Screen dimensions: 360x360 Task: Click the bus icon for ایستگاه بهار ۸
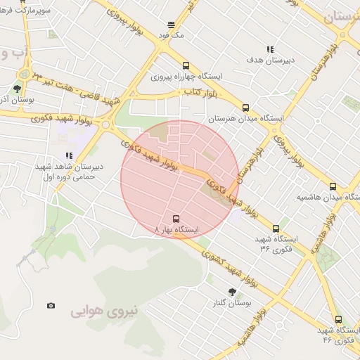tap(176, 219)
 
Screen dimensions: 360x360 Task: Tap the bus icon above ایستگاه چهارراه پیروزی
tap(186, 65)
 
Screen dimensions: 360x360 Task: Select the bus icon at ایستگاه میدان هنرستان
tap(245, 108)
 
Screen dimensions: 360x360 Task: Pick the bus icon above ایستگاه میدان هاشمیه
tap(333, 186)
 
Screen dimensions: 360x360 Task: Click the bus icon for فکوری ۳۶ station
tap(276, 229)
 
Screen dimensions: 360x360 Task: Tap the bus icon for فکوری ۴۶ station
tap(338, 319)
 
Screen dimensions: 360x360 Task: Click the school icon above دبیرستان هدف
tap(269, 49)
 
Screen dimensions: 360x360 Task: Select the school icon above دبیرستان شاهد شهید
tap(69, 156)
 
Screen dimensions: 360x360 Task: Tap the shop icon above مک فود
tap(171, 24)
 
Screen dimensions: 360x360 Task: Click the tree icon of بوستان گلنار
tap(231, 292)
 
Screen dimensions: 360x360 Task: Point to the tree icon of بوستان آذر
tap(16, 89)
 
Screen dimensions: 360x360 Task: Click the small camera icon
tap(51, 305)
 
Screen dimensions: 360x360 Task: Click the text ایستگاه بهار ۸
tap(176, 230)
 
